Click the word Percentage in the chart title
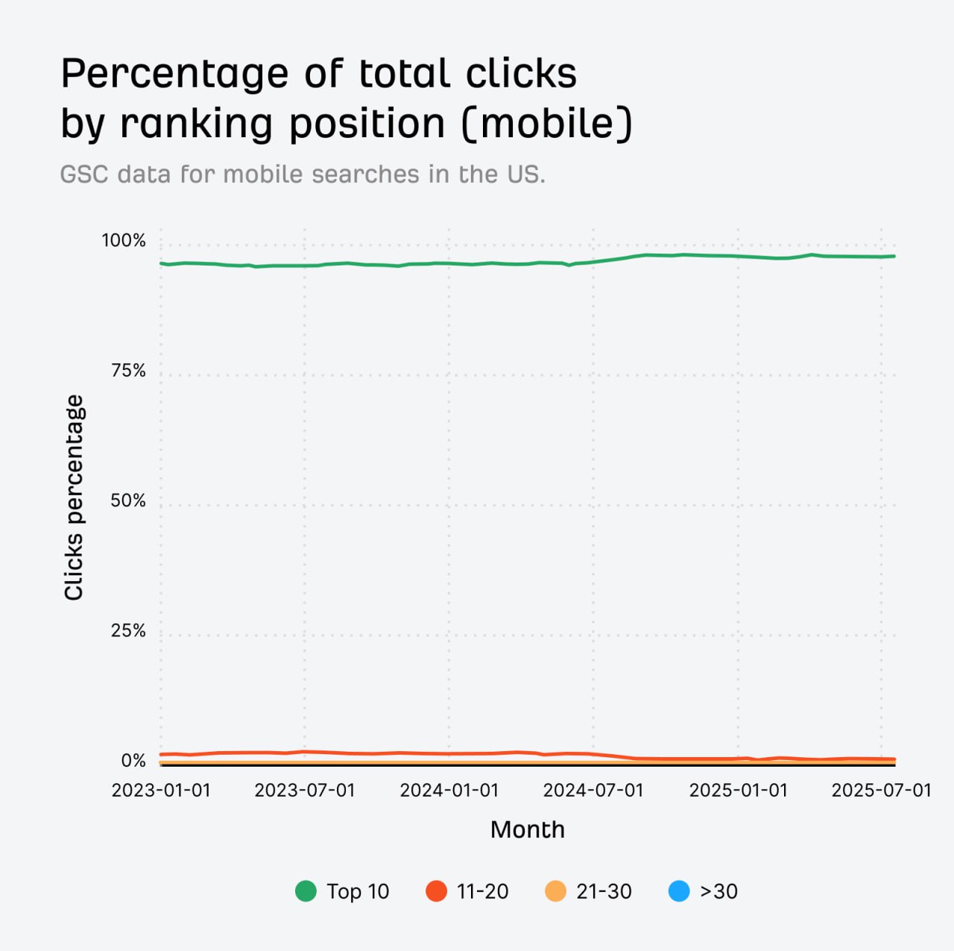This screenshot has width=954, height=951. [174, 74]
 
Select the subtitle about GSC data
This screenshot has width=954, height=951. [303, 174]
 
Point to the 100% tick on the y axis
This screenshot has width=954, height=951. [124, 240]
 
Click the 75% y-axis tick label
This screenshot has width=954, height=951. [128, 371]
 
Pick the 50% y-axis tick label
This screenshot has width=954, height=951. [128, 500]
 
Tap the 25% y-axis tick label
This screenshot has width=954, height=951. [128, 631]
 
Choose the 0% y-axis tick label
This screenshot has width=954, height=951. [133, 761]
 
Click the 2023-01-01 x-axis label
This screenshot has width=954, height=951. [161, 791]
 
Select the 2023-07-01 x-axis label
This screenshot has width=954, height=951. [305, 791]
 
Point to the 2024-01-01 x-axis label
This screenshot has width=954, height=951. [449, 791]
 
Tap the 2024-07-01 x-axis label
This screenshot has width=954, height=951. [593, 791]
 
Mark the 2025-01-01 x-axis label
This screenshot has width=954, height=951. [738, 791]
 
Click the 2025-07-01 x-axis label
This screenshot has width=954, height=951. [882, 791]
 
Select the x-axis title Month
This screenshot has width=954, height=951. [528, 829]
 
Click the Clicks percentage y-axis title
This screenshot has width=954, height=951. [74, 498]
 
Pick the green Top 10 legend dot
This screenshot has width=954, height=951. [306, 891]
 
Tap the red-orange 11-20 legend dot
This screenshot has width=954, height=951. [436, 891]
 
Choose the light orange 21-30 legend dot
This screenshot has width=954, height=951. [556, 891]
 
